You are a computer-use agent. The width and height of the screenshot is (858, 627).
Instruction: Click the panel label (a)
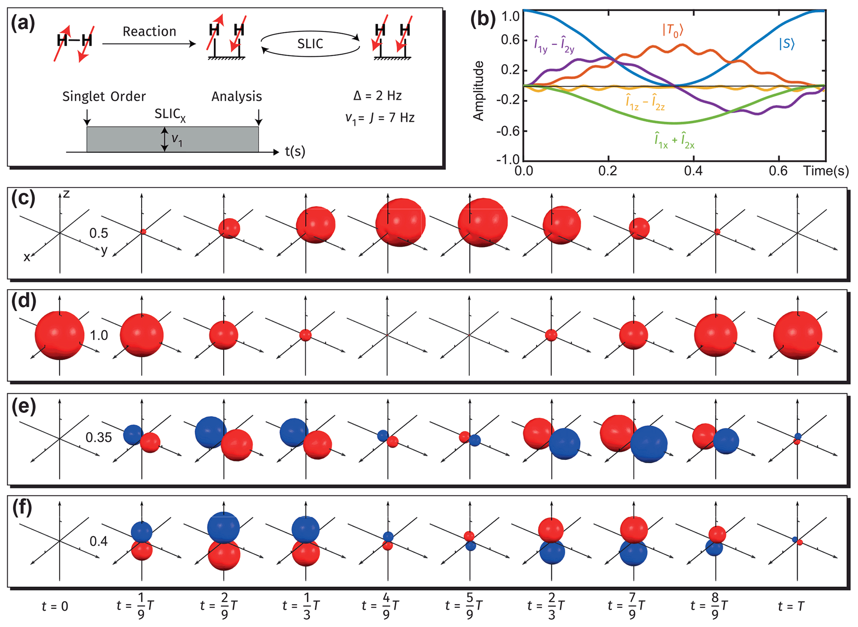click(x=23, y=23)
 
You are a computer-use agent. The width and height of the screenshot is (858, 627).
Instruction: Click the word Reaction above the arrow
click(x=149, y=32)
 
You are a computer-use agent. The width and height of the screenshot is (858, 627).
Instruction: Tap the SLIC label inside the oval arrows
click(x=310, y=44)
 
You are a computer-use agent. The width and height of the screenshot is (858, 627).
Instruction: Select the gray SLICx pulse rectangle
click(x=172, y=139)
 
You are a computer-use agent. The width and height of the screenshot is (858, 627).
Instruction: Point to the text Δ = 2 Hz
click(x=377, y=96)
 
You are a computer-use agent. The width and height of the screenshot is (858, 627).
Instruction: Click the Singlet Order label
click(x=104, y=97)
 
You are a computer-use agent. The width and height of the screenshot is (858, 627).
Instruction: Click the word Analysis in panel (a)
click(x=237, y=97)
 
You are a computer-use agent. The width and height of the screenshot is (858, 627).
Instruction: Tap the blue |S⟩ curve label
click(x=787, y=44)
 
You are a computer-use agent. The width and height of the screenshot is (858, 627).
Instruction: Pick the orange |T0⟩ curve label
click(x=672, y=30)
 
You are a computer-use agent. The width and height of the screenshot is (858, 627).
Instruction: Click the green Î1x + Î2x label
click(x=675, y=141)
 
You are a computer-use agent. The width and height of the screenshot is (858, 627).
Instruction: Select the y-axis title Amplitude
click(x=479, y=91)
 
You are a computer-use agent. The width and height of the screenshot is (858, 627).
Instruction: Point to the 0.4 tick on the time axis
click(x=693, y=171)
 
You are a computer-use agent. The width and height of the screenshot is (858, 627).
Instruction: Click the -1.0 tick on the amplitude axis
click(x=508, y=160)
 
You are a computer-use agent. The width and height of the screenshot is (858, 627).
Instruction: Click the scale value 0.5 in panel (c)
click(x=99, y=233)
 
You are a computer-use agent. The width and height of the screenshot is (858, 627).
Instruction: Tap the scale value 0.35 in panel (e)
click(x=99, y=437)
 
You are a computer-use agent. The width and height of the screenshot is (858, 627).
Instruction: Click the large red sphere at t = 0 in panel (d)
click(x=59, y=335)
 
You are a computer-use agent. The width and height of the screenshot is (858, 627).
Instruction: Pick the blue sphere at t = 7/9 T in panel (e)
click(x=649, y=444)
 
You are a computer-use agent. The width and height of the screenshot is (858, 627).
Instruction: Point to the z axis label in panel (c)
click(x=66, y=194)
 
